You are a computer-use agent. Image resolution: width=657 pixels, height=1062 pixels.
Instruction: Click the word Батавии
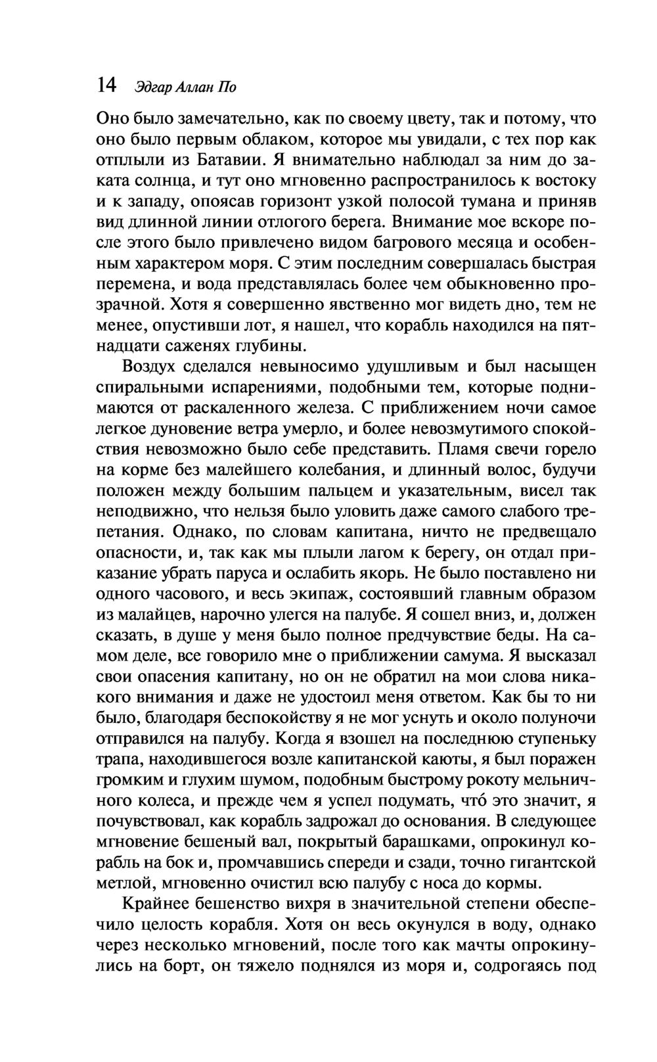tap(230, 160)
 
